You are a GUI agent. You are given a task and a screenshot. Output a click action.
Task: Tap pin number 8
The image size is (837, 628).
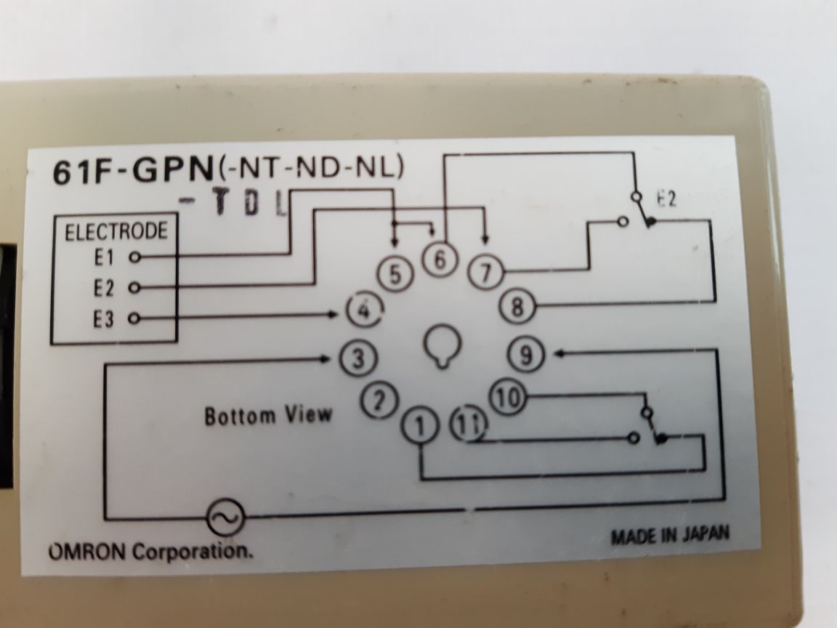pyautogui.click(x=517, y=307)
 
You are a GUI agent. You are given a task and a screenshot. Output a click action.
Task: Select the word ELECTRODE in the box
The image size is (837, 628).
pyautogui.click(x=116, y=232)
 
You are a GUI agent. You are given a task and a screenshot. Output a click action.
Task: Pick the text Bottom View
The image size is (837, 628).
pyautogui.click(x=268, y=416)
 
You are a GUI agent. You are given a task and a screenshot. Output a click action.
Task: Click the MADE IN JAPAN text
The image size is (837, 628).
pyautogui.click(x=668, y=536)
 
